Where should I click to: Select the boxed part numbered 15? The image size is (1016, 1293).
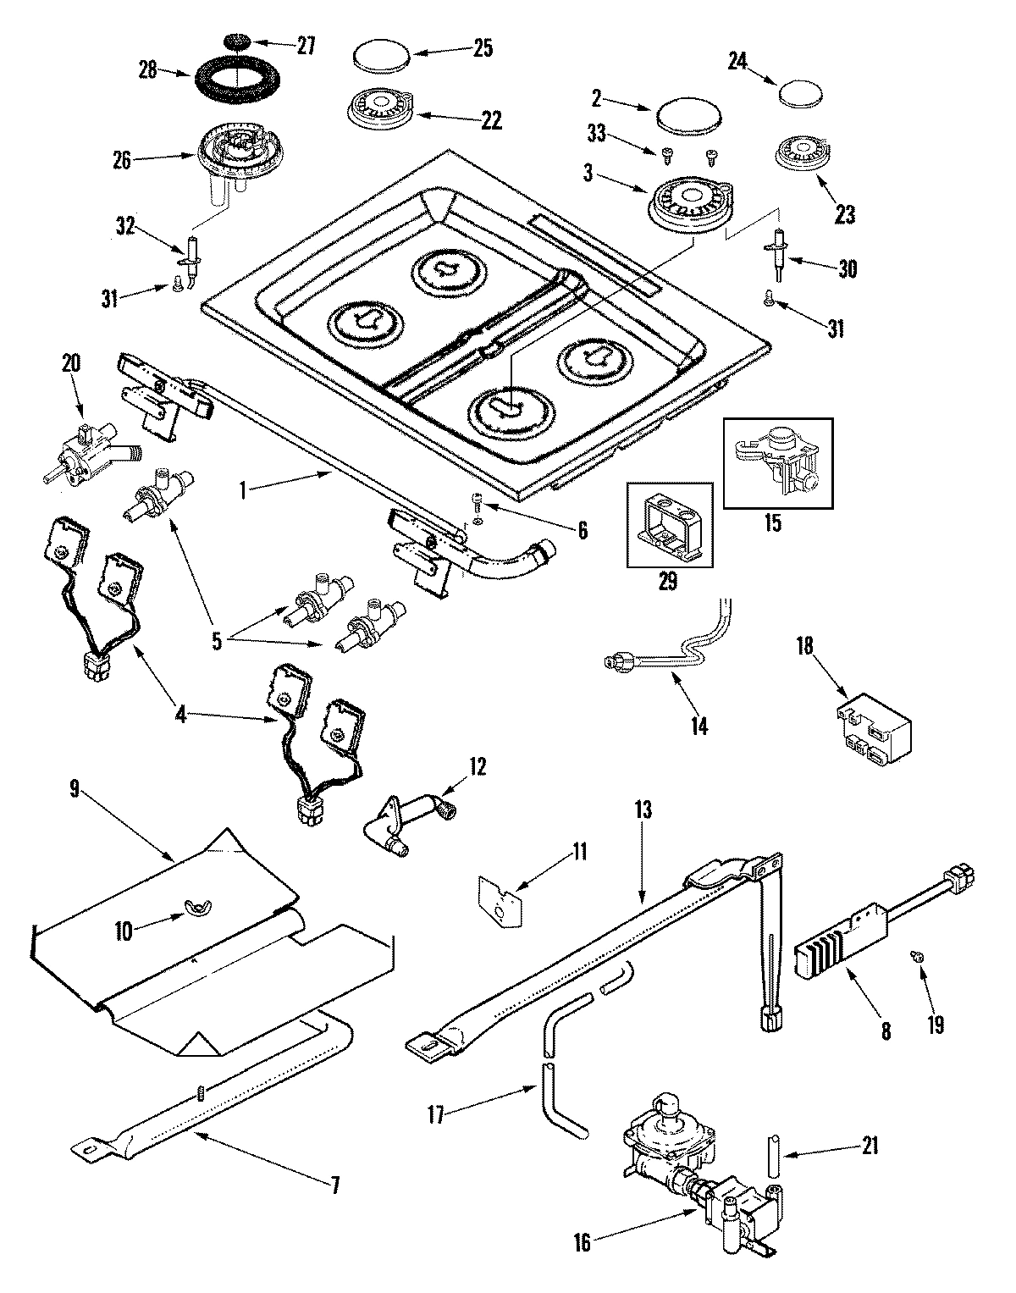pyautogui.click(x=776, y=461)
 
